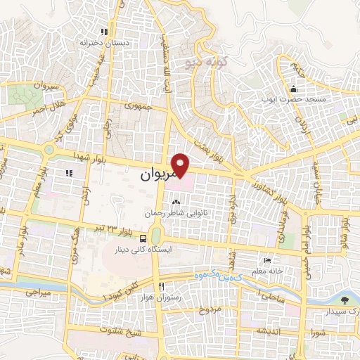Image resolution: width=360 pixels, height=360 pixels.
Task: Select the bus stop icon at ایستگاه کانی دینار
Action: click(x=143, y=238)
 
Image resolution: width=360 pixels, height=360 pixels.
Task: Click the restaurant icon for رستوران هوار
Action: click(x=162, y=286)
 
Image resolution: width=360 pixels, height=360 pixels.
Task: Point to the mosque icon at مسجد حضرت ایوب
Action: click(x=294, y=90)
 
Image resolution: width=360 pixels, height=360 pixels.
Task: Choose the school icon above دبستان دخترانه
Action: click(x=105, y=32)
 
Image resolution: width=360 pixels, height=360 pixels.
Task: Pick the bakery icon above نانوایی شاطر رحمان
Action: click(x=167, y=203)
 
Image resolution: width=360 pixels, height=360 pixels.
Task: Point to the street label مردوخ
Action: click(x=209, y=310)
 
